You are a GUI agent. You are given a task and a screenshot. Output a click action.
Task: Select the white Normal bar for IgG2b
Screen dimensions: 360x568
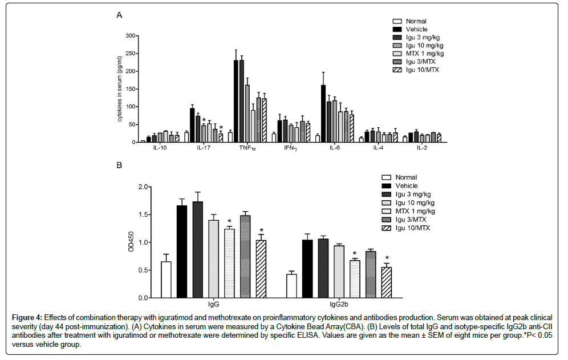pyautogui.click(x=291, y=285)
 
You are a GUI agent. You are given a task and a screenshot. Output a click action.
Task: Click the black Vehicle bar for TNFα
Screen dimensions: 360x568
pyautogui.click(x=236, y=100)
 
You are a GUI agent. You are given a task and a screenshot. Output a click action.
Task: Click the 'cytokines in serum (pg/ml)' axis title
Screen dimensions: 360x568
pyautogui.click(x=120, y=88)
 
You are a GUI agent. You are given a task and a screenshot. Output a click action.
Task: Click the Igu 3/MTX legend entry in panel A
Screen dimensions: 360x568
pyautogui.click(x=420, y=61)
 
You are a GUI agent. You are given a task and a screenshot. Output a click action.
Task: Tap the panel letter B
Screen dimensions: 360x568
pyautogui.click(x=119, y=165)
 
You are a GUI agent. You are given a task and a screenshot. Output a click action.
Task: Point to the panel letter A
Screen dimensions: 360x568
pyautogui.click(x=119, y=15)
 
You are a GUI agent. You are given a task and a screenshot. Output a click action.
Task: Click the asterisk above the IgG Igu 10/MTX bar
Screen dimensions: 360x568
pyautogui.click(x=261, y=230)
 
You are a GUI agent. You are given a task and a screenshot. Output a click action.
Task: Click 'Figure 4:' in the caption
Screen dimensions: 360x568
pyautogui.click(x=27, y=317)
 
